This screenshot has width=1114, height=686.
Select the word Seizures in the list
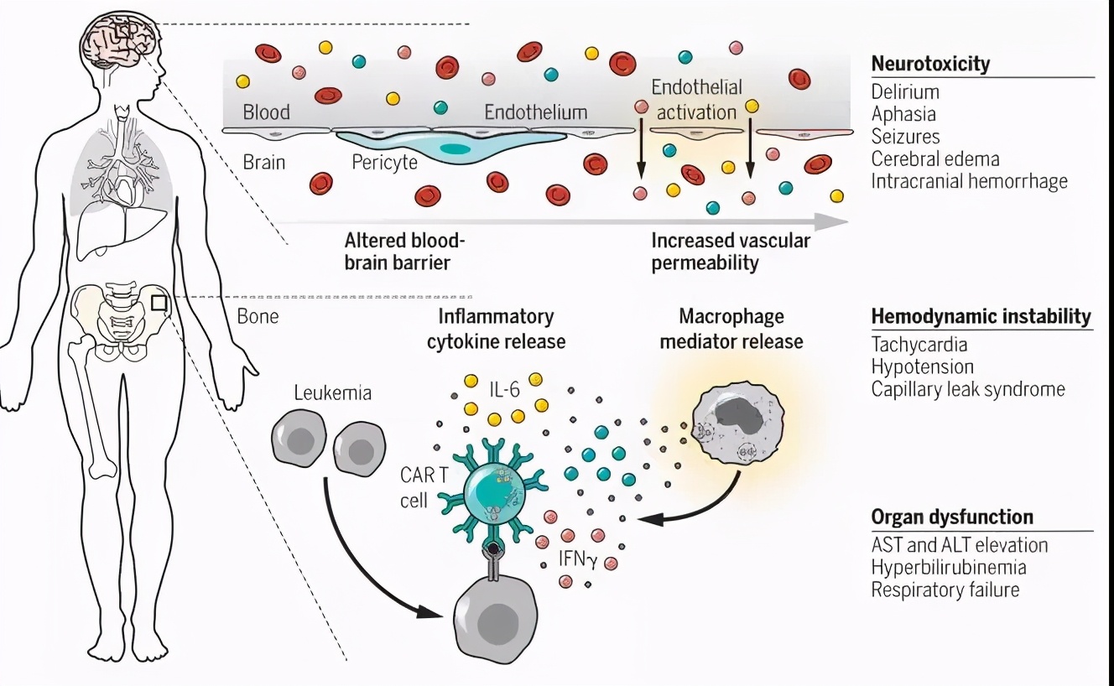[905, 137]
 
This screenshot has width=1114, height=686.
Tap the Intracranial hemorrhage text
[969, 181]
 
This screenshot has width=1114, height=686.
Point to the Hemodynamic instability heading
[981, 317]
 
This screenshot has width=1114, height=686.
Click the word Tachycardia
[919, 345]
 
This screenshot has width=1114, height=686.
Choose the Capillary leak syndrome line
[967, 389]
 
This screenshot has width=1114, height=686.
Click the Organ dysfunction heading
[952, 517]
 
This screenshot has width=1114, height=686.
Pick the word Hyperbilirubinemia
[948, 568]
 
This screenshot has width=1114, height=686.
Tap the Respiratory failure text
[945, 590]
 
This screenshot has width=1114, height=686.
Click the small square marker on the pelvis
[159, 301]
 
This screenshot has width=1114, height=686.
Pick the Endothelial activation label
[696, 99]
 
